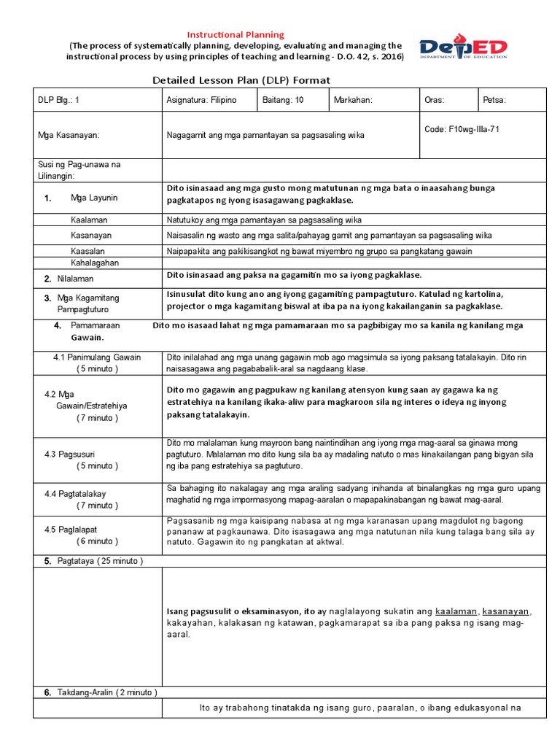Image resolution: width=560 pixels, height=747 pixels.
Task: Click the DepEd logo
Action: (x=463, y=47)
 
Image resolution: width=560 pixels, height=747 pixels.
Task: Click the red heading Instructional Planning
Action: (x=236, y=34)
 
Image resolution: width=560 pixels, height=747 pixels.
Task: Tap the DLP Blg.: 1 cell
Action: (x=60, y=100)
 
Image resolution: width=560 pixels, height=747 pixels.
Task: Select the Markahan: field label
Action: (x=353, y=100)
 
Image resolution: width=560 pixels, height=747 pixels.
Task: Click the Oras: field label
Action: (x=434, y=100)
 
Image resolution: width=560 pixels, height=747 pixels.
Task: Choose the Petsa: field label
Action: (x=494, y=100)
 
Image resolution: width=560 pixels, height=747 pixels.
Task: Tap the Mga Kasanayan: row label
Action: (x=69, y=135)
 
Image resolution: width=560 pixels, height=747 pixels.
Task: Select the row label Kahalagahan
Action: (x=95, y=263)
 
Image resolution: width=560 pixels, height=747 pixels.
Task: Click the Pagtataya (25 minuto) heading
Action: (x=99, y=561)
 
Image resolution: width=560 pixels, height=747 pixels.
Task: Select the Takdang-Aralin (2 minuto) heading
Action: (x=106, y=692)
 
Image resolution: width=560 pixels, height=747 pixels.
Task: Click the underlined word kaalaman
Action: (x=456, y=611)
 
